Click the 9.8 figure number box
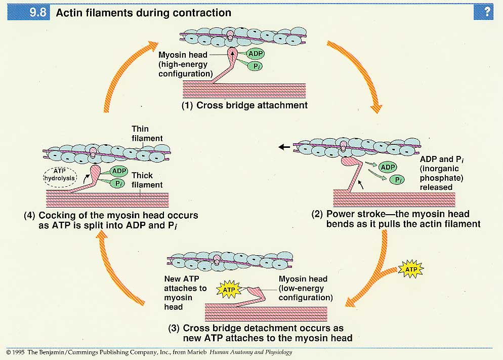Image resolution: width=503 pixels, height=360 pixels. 38,13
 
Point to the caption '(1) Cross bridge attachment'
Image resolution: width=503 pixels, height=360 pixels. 245,106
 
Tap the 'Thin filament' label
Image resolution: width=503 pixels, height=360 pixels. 147,134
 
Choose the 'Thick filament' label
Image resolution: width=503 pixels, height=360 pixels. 147,180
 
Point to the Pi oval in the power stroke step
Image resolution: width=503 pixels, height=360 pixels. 399,180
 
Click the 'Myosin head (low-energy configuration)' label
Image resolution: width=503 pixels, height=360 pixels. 305,288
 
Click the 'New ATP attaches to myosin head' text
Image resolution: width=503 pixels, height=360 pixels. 185,293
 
